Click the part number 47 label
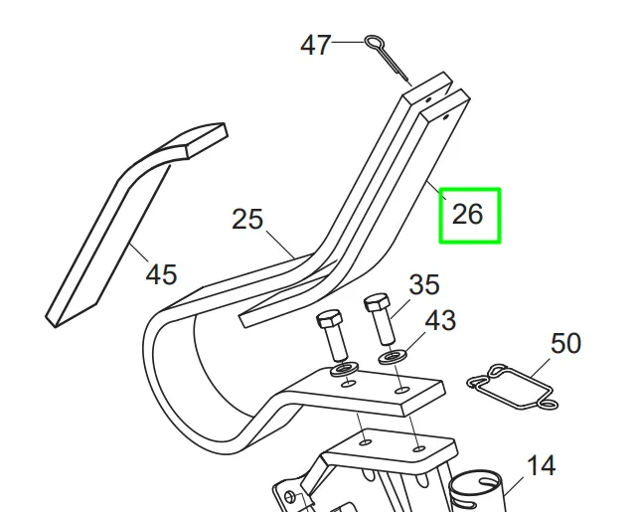(x=315, y=45)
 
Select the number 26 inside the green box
(x=467, y=214)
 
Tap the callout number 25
(x=247, y=219)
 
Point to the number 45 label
(x=161, y=274)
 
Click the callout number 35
(x=424, y=284)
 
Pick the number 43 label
(x=440, y=320)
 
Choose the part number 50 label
(x=565, y=344)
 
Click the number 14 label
(x=542, y=465)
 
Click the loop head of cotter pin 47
(x=373, y=42)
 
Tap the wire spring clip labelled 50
(x=513, y=387)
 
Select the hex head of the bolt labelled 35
(x=377, y=302)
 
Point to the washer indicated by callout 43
(x=393, y=358)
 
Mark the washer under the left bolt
(x=344, y=370)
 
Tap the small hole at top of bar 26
(x=446, y=118)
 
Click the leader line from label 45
(x=139, y=253)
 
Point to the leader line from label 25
(x=280, y=245)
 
